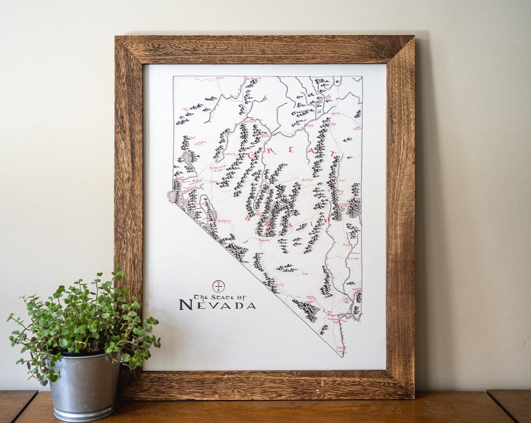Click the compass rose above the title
pyautogui.click(x=219, y=286)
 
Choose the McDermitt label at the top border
pyautogui.click(x=254, y=78)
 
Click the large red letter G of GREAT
pyautogui.click(x=253, y=155)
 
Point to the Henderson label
pyautogui.click(x=334, y=319)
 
